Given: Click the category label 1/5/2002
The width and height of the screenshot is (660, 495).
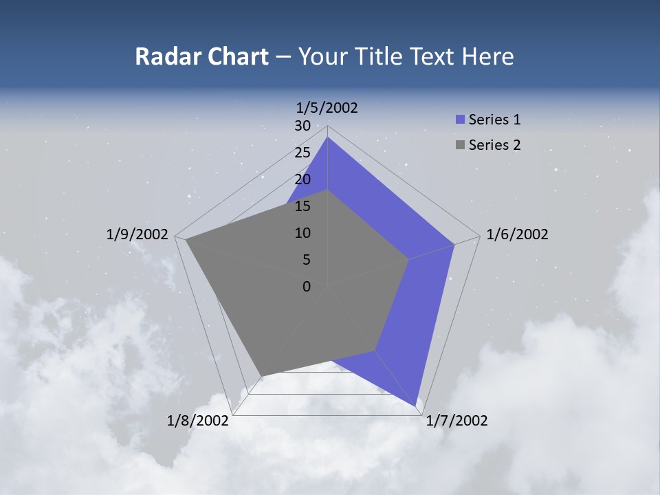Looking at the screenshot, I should pos(327,108).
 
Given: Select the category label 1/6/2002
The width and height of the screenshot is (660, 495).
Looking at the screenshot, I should pos(517,234).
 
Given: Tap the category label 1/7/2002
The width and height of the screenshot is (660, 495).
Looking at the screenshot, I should pos(456,421).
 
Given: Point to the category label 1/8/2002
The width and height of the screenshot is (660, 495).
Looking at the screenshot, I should pos(198,421).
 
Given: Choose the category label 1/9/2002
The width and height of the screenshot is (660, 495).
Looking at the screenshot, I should pos(137,234).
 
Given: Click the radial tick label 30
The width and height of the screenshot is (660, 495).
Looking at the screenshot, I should pos(302,126).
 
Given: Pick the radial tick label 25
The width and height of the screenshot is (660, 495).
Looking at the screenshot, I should pos(302,153).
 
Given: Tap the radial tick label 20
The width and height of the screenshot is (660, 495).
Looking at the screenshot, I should pos(302,179).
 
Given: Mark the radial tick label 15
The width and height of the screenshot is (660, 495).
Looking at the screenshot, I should pos(302,206).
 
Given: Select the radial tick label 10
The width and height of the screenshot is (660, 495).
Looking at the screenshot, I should pos(302,233).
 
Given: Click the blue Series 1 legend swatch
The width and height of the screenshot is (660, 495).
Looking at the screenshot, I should pos(461,120).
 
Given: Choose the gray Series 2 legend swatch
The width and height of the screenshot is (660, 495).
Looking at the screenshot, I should pos(461,145).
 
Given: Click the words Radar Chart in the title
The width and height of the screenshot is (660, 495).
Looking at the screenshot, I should pos(201,57).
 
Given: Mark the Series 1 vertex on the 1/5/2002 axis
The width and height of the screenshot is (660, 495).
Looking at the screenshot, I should pos(327,137).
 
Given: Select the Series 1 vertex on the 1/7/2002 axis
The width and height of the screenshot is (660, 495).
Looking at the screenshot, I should pos(417,406).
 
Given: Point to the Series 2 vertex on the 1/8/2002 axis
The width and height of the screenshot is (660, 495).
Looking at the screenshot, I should pos(262,375).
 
